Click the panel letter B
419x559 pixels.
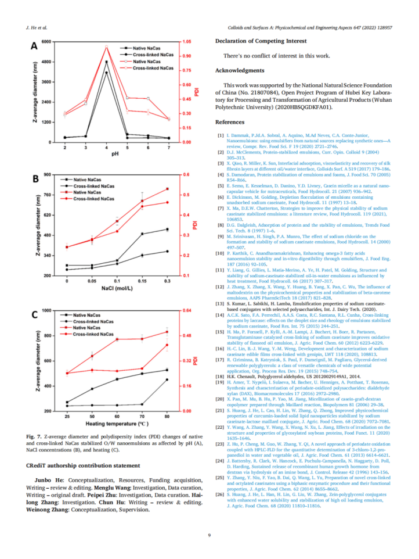[x=34, y=180]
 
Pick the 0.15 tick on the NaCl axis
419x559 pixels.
[x=143, y=280]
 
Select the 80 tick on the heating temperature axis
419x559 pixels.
[x=168, y=417]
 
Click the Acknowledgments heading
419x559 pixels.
[x=240, y=70]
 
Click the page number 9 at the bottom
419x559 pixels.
[x=209, y=536]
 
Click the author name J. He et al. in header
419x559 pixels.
[x=35, y=27]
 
